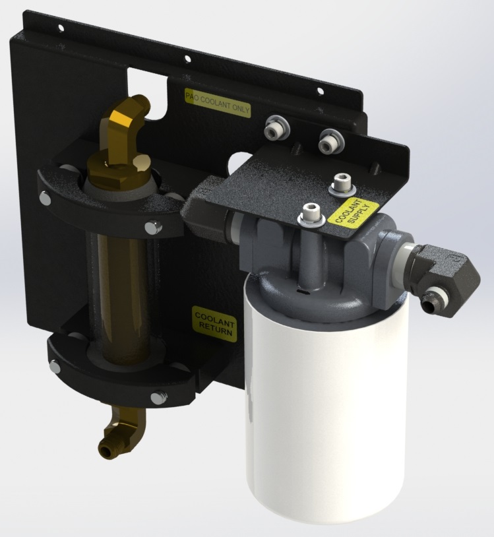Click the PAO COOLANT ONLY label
tap(218, 103)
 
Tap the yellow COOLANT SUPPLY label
tap(353, 214)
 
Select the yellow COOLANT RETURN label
tap(214, 324)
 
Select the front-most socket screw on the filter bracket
tap(311, 214)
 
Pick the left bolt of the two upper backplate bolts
tap(276, 129)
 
